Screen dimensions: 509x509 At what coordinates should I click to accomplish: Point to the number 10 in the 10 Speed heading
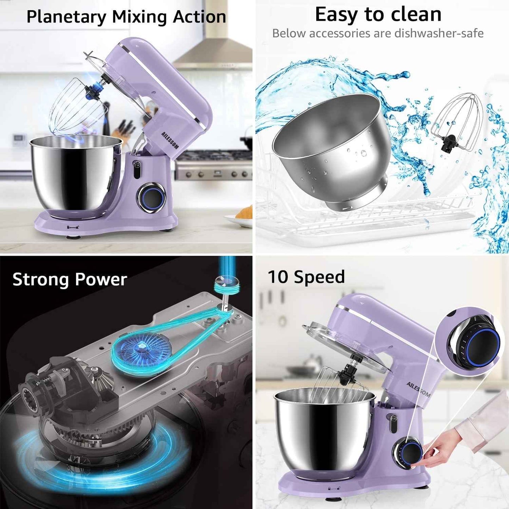pos(278,277)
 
